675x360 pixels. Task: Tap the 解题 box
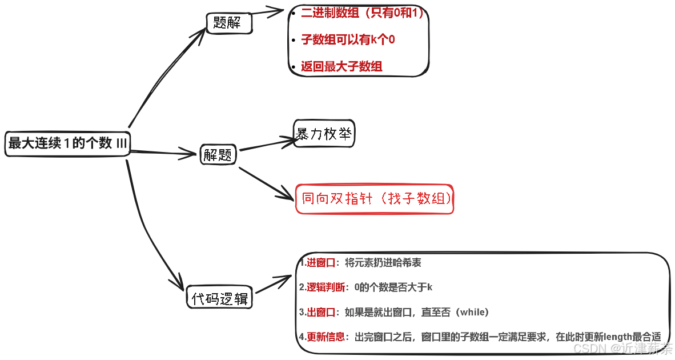pyautogui.click(x=217, y=154)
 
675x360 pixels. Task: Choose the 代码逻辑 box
pyautogui.click(x=220, y=298)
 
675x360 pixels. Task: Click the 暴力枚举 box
pyautogui.click(x=324, y=134)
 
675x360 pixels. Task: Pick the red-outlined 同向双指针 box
pyautogui.click(x=375, y=198)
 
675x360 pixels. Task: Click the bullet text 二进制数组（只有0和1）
pyautogui.click(x=363, y=13)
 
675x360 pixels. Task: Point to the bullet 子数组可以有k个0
pyautogui.click(x=348, y=39)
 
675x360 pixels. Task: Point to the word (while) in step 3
pyautogui.click(x=472, y=312)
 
